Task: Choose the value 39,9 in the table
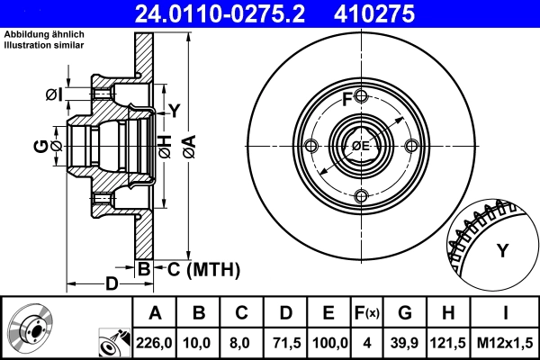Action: coord(405,342)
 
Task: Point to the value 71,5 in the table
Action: coord(287,342)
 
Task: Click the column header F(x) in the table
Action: coord(367,313)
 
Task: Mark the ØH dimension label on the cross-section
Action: coord(165,146)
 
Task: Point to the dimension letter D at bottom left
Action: coord(112,284)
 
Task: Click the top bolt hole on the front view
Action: coord(361,96)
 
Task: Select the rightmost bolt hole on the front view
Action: coord(411,147)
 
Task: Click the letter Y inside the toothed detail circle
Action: coord(502,250)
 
